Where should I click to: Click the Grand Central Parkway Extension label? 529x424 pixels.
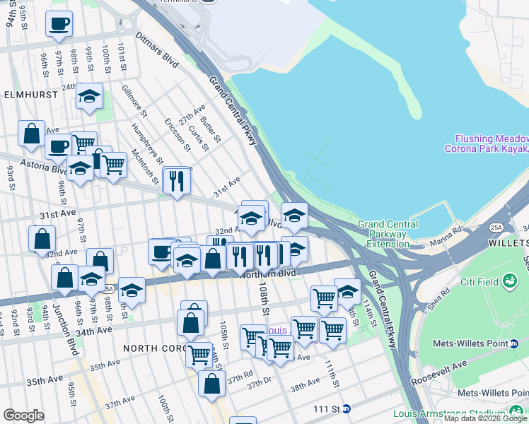point(383,234)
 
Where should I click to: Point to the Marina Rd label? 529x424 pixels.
point(447,230)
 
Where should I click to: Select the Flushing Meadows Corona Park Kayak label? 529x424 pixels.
point(487,143)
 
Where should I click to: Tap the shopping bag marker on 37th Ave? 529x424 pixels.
point(212,384)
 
